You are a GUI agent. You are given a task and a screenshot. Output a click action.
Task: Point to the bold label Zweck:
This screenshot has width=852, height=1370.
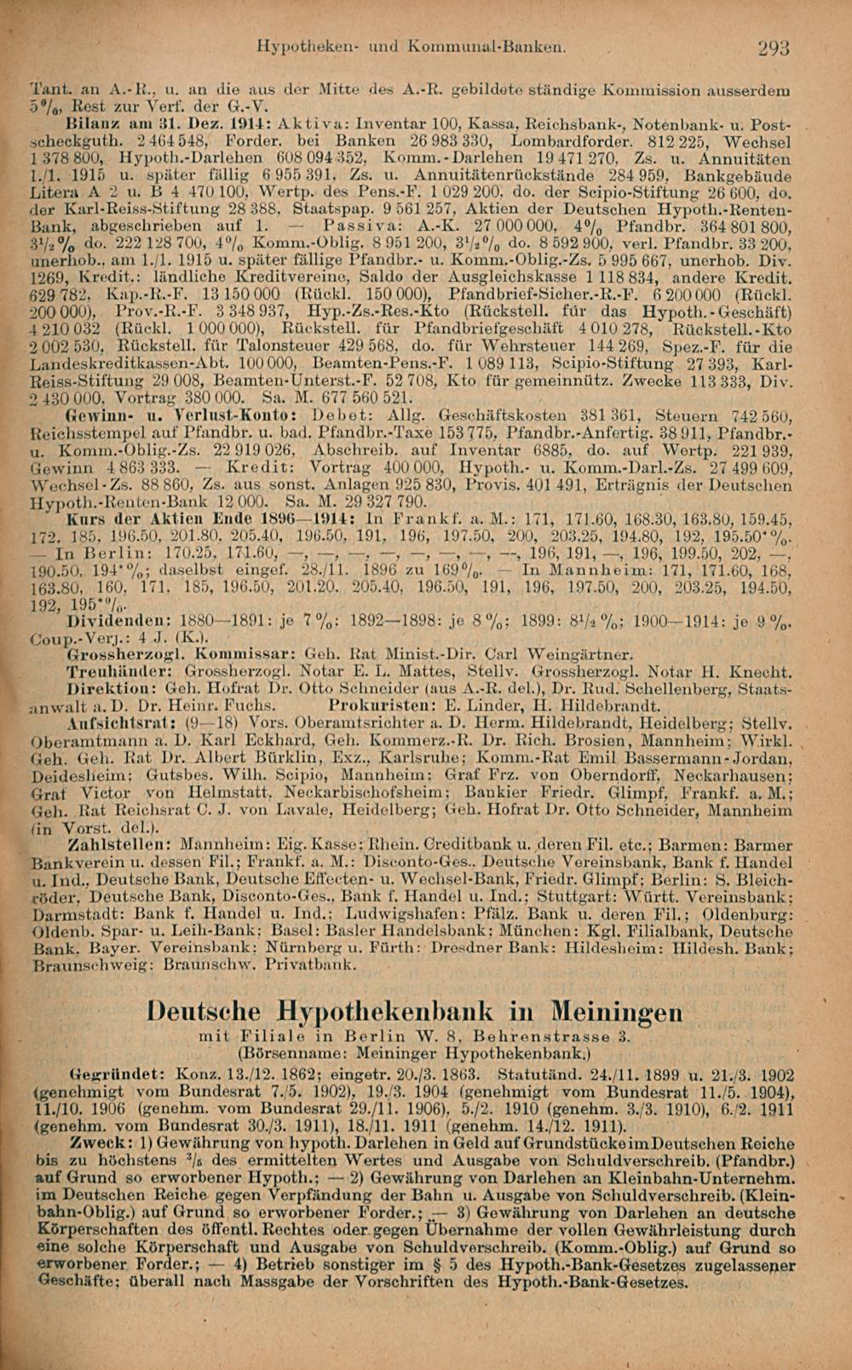[95, 1139]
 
